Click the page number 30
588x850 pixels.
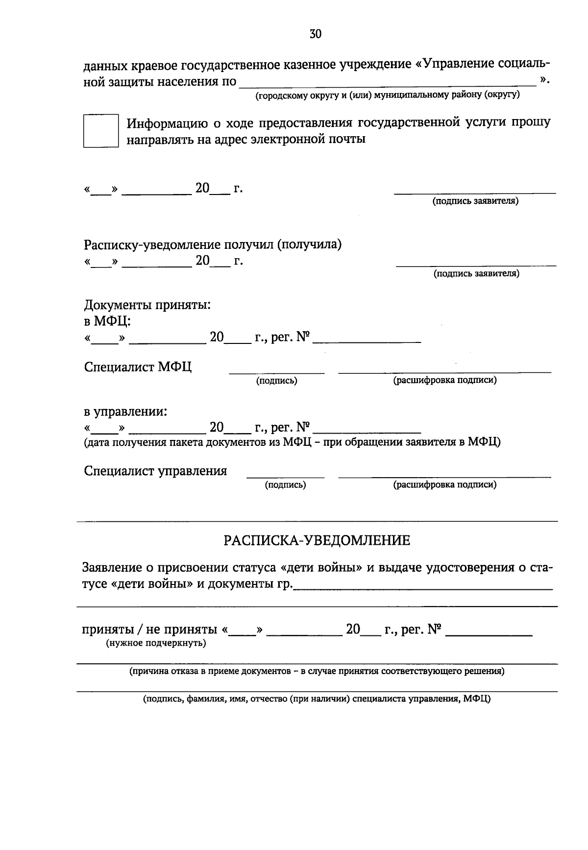[x=316, y=34]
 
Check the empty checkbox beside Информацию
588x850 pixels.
[x=101, y=131]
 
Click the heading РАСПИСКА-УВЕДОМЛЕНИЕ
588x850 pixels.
[x=317, y=540]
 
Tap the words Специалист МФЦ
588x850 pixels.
[x=138, y=367]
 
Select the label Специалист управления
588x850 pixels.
[x=155, y=471]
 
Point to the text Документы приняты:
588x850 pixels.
[x=147, y=305]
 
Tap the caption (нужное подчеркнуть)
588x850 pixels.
[x=156, y=643]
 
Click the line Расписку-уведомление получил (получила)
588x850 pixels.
[x=213, y=244]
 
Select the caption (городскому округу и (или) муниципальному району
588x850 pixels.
[x=387, y=95]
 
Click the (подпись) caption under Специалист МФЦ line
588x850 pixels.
[x=276, y=380]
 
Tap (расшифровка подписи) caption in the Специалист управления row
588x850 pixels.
[x=444, y=485]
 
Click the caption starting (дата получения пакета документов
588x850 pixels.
[x=292, y=442]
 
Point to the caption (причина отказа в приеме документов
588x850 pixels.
[x=317, y=671]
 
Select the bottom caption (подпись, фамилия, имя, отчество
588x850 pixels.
[x=317, y=699]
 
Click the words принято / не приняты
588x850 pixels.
[x=149, y=629]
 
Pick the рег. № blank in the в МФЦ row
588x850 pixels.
[x=367, y=338]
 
